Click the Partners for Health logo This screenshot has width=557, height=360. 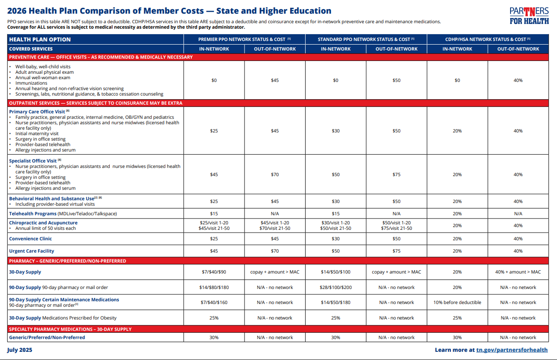pos(529,15)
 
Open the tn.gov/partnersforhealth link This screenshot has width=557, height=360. pos(512,350)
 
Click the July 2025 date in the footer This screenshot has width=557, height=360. pos(20,350)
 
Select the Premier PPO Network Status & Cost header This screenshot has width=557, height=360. pos(245,40)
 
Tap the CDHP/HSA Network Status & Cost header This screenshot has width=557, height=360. pos(488,40)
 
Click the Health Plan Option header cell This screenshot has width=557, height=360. pos(40,40)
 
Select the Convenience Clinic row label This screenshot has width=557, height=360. pos(31,238)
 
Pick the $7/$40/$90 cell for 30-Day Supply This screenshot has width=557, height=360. pos(214,272)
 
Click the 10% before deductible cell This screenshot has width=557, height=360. pos(457,302)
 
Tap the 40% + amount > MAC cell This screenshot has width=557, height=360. pos(518,272)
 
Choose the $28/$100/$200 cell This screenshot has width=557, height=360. pos(336,287)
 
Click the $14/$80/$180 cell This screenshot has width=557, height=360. pos(214,287)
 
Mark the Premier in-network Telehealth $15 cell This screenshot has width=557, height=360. pos(214,213)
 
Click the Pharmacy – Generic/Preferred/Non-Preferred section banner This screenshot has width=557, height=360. pos(67,261)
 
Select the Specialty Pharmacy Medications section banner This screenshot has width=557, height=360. pos(70,329)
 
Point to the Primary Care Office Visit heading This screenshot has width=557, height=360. pos(37,112)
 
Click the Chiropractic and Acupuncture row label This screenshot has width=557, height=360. pos(43,223)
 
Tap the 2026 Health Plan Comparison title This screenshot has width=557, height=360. pos(169,11)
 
